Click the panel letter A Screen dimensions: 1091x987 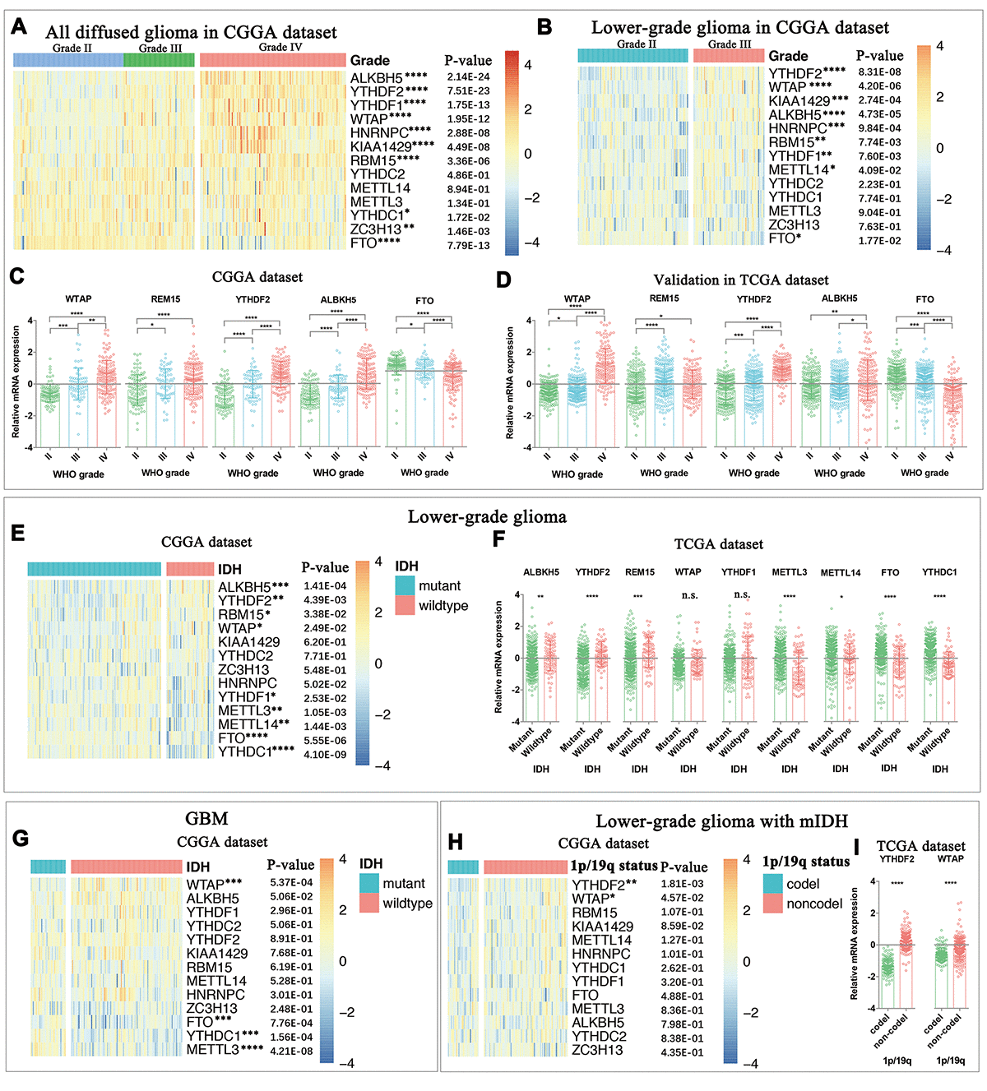click(x=19, y=27)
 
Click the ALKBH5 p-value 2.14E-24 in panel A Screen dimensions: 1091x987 click(x=468, y=77)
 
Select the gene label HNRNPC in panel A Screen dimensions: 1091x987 click(x=379, y=132)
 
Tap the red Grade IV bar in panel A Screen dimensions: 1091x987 click(x=273, y=59)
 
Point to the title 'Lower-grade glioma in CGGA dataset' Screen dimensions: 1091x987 click(x=739, y=27)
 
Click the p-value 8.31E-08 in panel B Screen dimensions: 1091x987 click(x=879, y=72)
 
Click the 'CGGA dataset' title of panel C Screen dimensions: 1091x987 click(x=257, y=277)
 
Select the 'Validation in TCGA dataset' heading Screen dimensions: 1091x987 click(x=740, y=280)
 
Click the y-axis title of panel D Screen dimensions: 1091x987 click(x=510, y=382)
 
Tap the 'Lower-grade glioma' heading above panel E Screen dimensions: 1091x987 click(x=487, y=516)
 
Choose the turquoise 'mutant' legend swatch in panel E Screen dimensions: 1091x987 click(x=405, y=585)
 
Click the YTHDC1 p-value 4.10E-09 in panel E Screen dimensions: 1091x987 click(x=325, y=754)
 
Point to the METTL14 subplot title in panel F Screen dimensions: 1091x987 click(x=840, y=572)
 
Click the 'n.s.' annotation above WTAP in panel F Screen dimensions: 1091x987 click(x=689, y=595)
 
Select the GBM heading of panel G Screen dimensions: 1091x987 click(x=206, y=819)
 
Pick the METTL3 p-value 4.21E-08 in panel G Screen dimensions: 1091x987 click(x=291, y=1050)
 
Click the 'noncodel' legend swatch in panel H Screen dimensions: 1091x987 click(x=772, y=904)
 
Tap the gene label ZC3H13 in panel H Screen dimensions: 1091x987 click(x=597, y=1050)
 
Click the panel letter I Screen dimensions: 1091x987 click(x=857, y=846)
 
